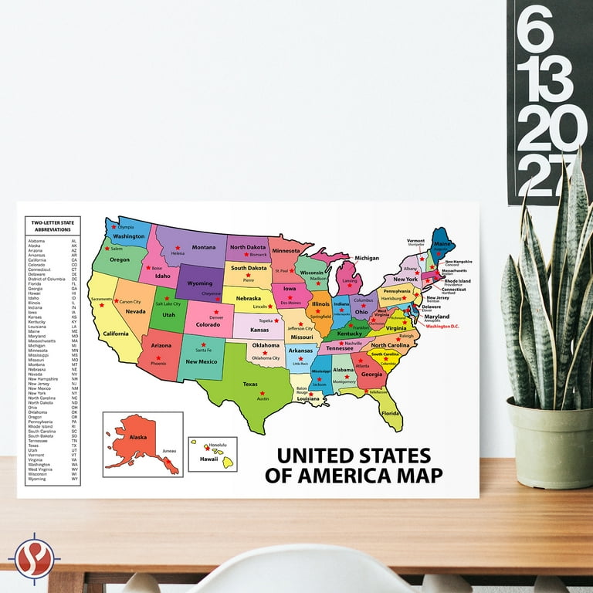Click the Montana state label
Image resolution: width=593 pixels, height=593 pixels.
tap(204, 247)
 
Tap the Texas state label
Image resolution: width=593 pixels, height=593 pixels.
tap(249, 384)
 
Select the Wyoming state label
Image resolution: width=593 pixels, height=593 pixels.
tap(200, 283)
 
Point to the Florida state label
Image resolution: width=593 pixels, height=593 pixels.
tap(391, 413)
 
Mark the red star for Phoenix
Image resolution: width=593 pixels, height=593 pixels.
tap(158, 357)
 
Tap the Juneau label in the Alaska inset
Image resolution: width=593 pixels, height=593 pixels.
tap(170, 449)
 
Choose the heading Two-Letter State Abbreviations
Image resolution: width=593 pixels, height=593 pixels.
tap(52, 225)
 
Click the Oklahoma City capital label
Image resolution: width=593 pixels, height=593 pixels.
tap(266, 358)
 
